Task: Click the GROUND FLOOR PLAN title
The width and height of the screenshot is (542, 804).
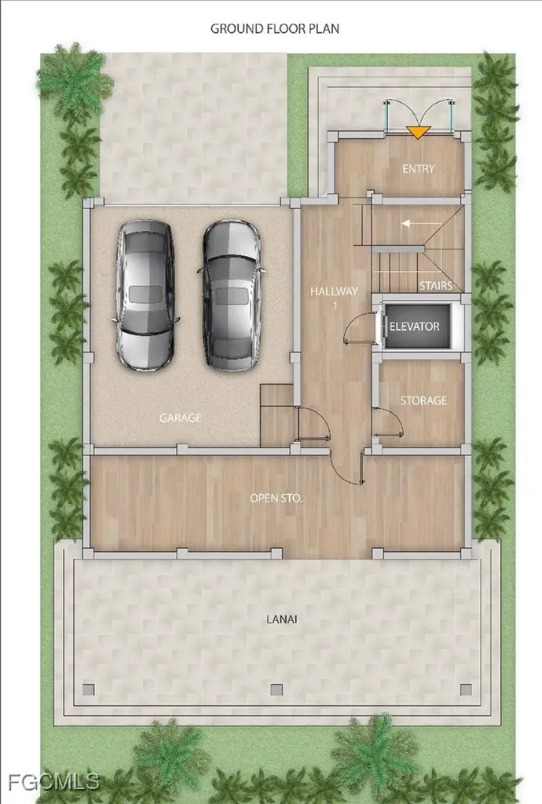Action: [274, 29]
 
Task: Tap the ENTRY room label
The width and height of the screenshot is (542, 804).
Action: [418, 169]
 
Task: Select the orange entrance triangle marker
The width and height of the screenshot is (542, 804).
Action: [419, 132]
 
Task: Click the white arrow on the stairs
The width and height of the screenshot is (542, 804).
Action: [408, 224]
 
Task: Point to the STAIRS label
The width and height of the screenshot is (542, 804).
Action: [434, 286]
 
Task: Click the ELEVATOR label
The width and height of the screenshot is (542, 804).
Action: [416, 327]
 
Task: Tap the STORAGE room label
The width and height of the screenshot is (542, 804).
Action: [423, 400]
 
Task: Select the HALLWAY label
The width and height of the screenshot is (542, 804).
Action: [334, 291]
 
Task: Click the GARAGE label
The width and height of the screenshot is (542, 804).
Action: [180, 418]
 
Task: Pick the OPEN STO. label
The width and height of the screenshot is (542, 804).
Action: [276, 498]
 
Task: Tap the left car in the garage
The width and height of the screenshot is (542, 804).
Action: [145, 294]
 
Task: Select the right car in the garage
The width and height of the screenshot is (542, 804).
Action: [230, 294]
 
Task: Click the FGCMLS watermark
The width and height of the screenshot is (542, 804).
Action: [50, 782]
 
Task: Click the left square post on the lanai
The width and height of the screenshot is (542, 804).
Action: [88, 689]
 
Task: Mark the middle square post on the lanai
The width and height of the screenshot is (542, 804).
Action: [276, 689]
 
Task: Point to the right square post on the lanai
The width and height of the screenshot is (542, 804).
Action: [466, 689]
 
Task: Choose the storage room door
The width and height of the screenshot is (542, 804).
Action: [386, 424]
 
